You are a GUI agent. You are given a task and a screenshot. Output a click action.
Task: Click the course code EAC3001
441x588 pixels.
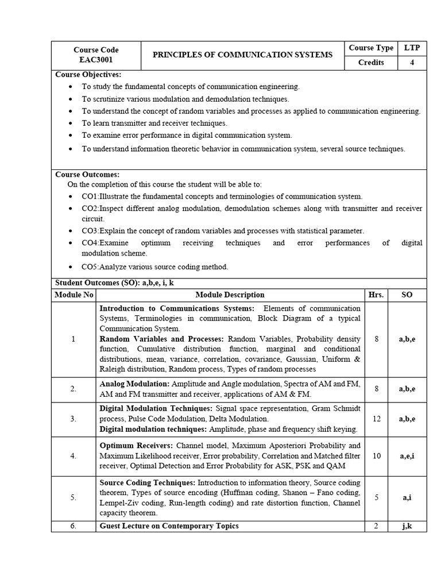96,60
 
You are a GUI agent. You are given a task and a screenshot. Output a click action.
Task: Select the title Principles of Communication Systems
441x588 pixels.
242,55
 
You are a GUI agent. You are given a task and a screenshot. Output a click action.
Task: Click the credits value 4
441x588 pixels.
412,63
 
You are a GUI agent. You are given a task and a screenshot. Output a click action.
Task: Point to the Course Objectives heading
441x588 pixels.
88,75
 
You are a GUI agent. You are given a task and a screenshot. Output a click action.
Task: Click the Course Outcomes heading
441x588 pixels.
87,174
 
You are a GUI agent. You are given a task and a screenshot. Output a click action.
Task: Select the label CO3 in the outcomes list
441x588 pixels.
90,230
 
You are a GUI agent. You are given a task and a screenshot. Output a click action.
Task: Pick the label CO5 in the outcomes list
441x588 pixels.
90,266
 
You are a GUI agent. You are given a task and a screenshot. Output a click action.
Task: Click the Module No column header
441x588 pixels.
73,295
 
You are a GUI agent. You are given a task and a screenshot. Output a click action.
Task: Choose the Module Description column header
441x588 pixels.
230,295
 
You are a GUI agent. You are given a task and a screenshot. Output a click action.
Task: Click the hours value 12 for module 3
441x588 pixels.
377,419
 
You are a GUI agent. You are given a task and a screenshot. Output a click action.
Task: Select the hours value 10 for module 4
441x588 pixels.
377,456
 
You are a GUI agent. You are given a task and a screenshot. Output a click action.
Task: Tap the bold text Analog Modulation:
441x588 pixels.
134,384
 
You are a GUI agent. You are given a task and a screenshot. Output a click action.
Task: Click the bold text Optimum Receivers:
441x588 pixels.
136,446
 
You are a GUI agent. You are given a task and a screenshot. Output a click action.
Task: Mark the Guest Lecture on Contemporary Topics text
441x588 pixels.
169,526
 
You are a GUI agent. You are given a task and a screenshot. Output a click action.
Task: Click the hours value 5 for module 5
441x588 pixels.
377,498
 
